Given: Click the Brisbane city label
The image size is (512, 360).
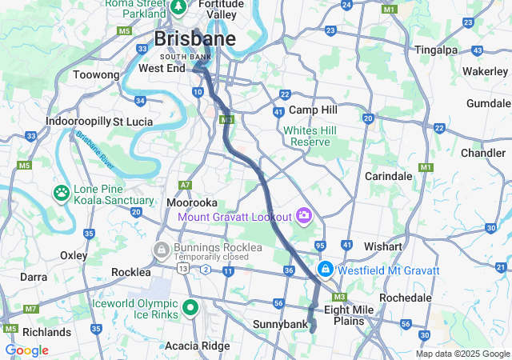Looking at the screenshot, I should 194,39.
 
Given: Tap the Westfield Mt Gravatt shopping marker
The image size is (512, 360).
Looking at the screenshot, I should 326,270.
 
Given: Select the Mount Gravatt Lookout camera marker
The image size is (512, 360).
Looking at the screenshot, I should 303,215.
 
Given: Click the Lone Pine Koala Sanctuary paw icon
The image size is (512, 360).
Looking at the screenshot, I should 62,193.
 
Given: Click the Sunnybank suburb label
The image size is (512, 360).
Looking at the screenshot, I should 279,324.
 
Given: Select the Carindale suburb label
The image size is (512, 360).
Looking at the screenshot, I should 388,175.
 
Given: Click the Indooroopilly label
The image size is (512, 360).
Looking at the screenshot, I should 78,121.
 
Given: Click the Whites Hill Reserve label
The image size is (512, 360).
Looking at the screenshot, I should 310,135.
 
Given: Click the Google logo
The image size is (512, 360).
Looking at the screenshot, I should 26,350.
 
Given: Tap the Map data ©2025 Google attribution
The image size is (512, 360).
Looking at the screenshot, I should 462,354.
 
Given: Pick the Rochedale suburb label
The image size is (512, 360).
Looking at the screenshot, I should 406,297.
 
